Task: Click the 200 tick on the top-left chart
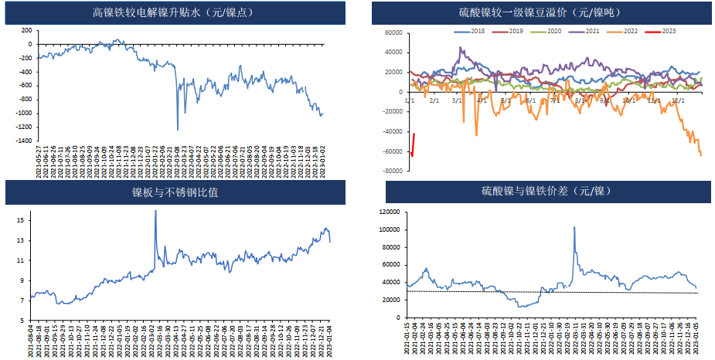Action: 26,30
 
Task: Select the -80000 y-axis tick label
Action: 392,172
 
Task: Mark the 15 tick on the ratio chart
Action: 22,220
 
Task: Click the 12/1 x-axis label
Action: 679,100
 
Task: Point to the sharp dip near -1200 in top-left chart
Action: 178,128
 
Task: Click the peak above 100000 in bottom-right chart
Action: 574,227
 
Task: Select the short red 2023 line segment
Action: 414,145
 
